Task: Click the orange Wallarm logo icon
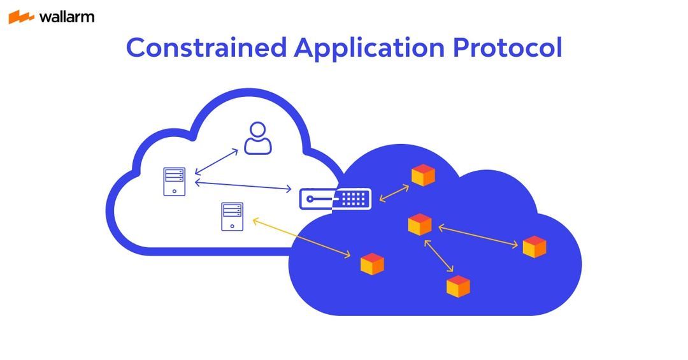(21, 17)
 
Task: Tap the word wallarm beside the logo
(66, 17)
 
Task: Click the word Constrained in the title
(206, 48)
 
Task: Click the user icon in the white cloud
(257, 138)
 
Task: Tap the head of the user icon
(257, 130)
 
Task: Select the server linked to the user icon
(174, 182)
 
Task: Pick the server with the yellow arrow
(232, 217)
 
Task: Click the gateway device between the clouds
(335, 199)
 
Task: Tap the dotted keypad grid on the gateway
(354, 199)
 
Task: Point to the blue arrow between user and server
(216, 162)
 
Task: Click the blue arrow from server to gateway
(243, 185)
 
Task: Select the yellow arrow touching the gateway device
(394, 194)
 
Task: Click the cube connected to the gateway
(422, 175)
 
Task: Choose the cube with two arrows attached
(420, 224)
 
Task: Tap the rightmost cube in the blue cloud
(534, 247)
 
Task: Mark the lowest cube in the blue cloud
(457, 286)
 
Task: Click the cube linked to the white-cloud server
(372, 264)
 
